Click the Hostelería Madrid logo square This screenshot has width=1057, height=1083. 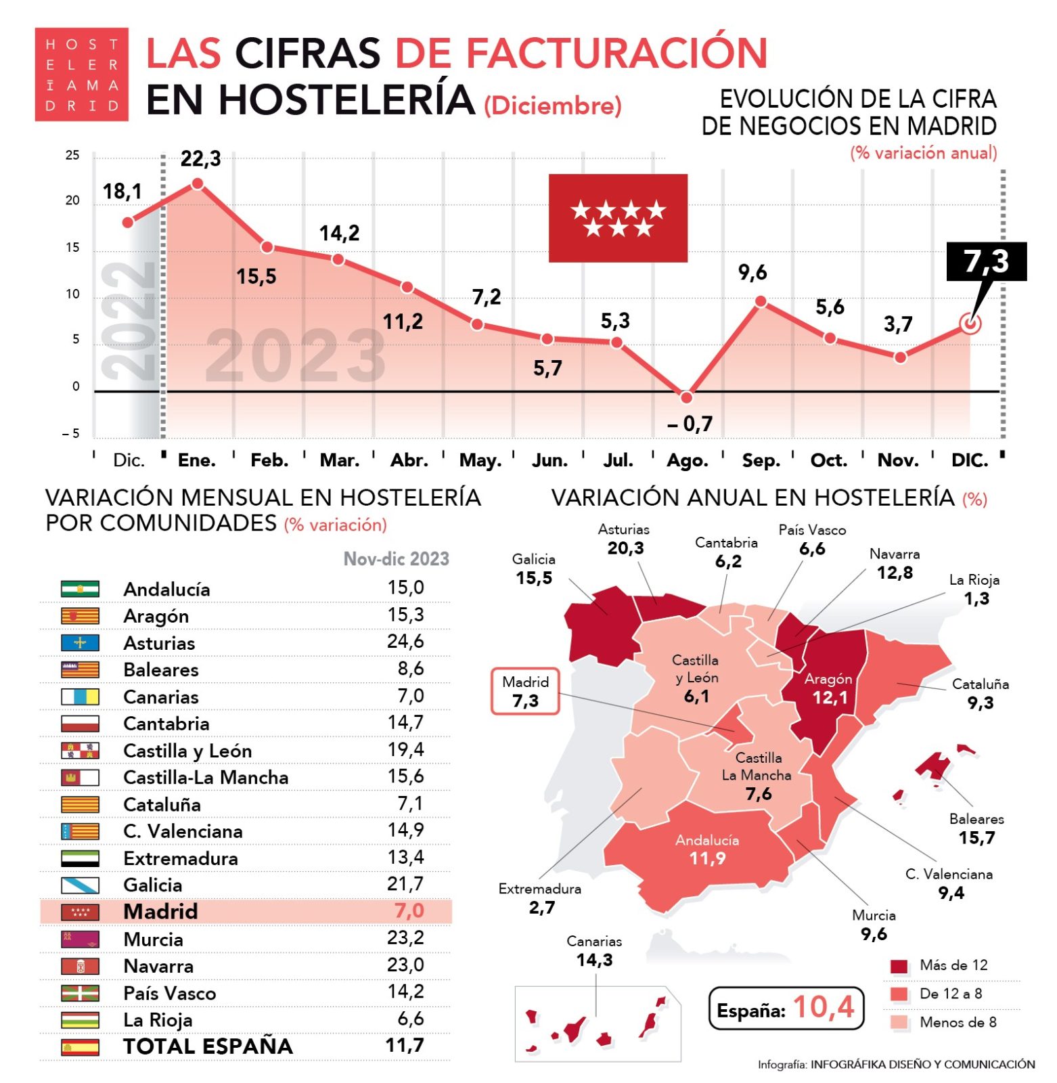point(81,74)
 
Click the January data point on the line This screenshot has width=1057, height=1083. point(198,183)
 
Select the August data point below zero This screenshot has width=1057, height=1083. point(686,397)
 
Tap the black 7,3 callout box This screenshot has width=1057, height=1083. point(985,261)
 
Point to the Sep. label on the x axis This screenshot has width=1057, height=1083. point(761,460)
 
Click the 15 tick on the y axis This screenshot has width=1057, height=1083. point(72,248)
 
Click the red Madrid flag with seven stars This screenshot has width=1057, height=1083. point(617,218)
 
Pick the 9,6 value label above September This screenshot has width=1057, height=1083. point(752,273)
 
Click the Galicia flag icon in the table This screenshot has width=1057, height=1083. point(80,885)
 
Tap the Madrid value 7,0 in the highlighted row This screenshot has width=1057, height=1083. point(409,910)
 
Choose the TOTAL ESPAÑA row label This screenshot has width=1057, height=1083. point(207,1046)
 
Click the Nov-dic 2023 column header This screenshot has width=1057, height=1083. point(396,558)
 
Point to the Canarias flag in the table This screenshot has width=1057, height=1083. point(80,697)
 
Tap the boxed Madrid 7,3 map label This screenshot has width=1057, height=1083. point(525,691)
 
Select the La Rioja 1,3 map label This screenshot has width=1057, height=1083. point(974,589)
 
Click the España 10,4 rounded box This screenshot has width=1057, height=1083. point(786,1008)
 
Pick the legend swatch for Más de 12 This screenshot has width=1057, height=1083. point(899,966)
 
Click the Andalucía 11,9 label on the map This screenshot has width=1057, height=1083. point(706,849)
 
